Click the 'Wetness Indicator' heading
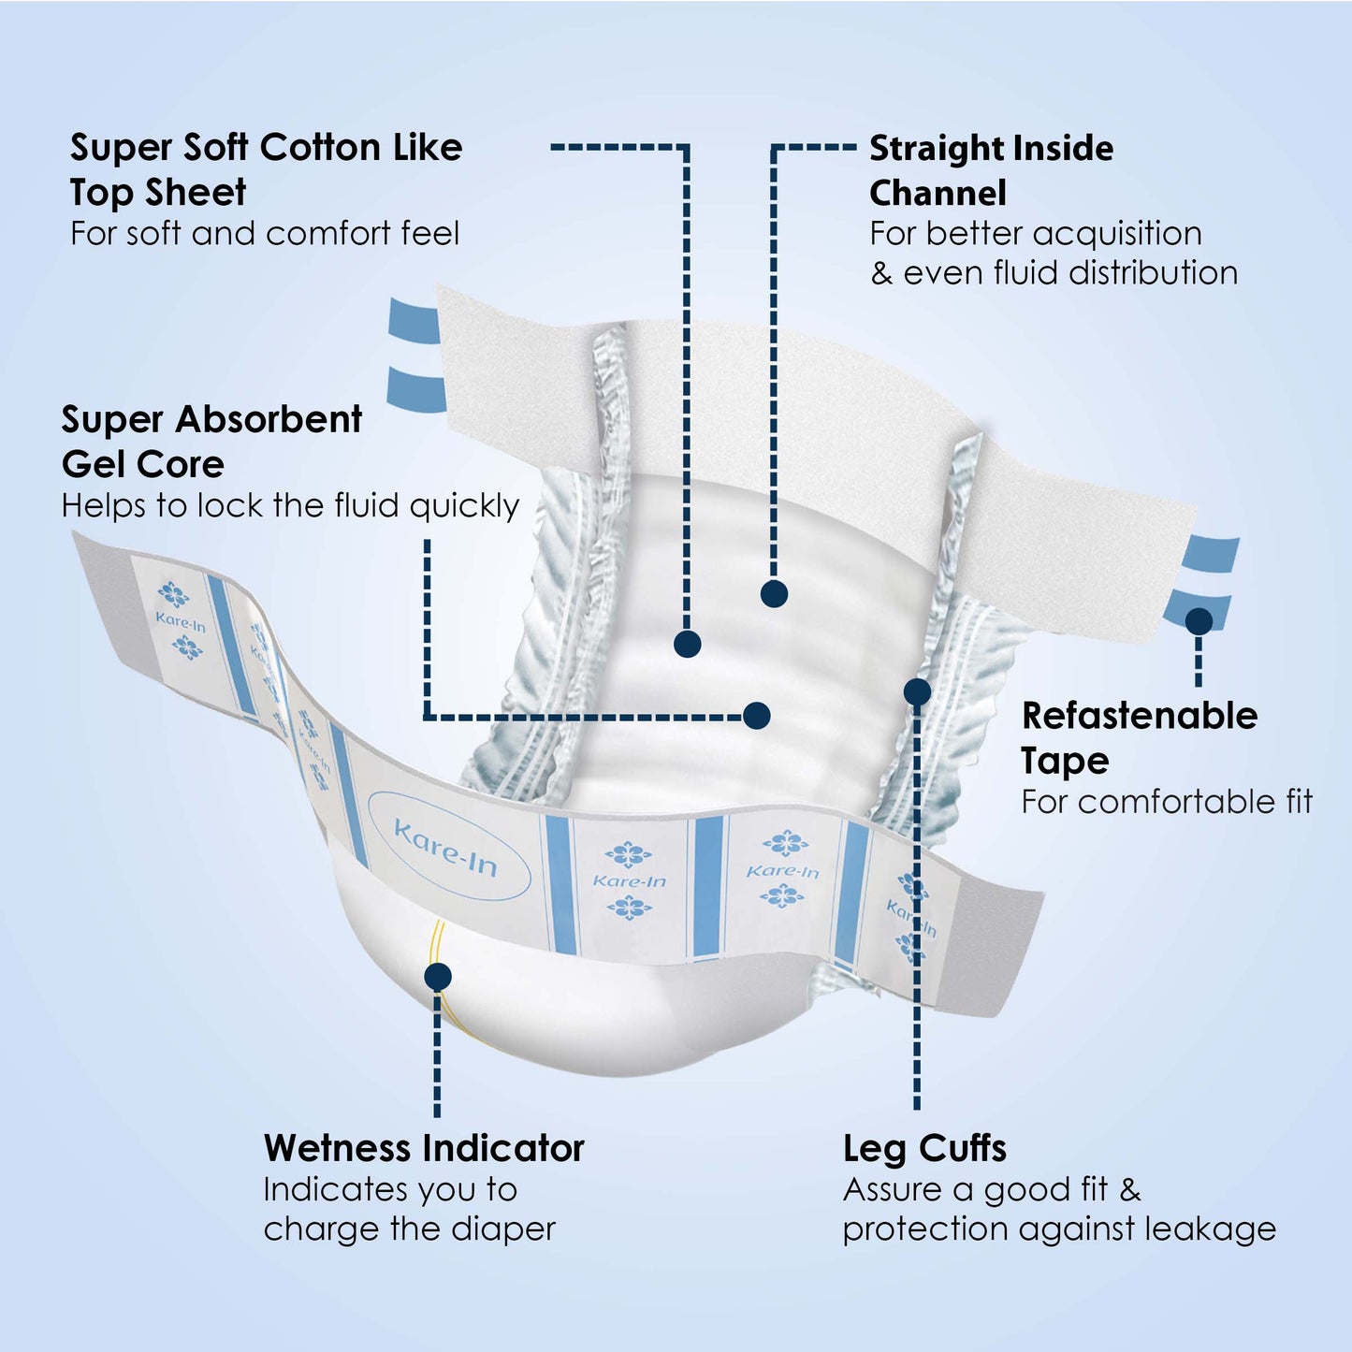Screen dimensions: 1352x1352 [x=424, y=1148]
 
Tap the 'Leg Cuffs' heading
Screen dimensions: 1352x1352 [x=924, y=1148]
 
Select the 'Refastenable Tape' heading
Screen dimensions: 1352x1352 [x=1139, y=737]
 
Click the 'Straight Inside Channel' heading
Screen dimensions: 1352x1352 [x=991, y=170]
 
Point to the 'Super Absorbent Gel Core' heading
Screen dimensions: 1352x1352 [x=211, y=442]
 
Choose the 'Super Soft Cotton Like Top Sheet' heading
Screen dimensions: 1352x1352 [x=266, y=169]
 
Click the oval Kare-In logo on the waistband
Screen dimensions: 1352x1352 [x=448, y=846]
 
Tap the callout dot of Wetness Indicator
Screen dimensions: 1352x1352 [x=438, y=977]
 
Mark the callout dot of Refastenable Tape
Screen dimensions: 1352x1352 [x=1199, y=621]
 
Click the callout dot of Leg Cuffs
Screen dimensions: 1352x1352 [x=917, y=692]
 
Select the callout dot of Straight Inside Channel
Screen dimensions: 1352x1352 [x=774, y=593]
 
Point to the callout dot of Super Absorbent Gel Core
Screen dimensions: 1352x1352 [x=756, y=716]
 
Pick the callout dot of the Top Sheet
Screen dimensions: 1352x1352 [x=688, y=644]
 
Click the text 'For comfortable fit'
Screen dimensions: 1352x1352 [x=1167, y=802]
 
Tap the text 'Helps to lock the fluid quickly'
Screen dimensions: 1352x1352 [x=290, y=506]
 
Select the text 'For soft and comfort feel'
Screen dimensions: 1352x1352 [x=265, y=233]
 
